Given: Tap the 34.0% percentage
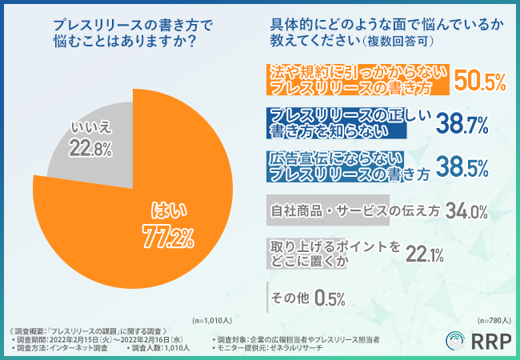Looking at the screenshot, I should pos(466,211).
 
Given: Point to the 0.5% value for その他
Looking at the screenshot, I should pos(330,298).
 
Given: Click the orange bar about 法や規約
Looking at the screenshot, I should pos(357,78).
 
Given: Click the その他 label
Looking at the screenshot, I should pos(290,298).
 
